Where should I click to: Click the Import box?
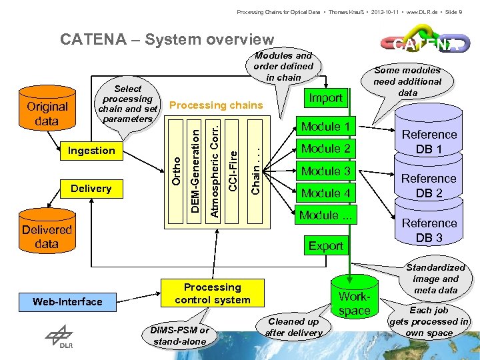pos(326,98)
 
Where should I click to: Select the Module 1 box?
pos(326,127)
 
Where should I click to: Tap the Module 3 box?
pos(326,171)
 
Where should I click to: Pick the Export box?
pos(326,246)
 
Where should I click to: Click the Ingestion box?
pos(91,151)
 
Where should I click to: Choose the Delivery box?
pos(91,189)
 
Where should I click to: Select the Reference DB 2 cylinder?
pos(429,186)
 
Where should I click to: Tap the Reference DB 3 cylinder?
pos(429,230)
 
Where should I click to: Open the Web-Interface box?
pos(68,302)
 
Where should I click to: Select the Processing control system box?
pos(213,293)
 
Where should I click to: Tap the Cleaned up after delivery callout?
pos(293,327)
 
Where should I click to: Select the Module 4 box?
pos(326,193)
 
